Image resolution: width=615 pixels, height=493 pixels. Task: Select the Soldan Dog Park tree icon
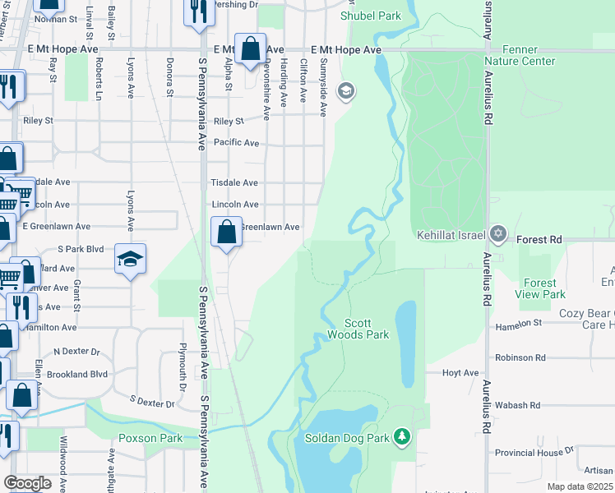pos(401,435)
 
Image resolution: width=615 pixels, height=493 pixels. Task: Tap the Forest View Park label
pos(540,288)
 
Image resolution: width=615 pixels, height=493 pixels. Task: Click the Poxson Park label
pos(150,438)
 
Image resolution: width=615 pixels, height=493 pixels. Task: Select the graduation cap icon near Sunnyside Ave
pos(346,90)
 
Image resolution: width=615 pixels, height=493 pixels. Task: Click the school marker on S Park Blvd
pos(130,260)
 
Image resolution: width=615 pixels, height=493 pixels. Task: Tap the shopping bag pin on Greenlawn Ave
pos(227,233)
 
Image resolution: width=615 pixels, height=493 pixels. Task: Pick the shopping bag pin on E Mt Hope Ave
pos(250,48)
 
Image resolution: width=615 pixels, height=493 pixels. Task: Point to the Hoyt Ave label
pos(460,373)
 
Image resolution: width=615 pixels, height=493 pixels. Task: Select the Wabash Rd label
pos(518,405)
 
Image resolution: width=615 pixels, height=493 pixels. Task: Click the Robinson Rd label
pos(520,358)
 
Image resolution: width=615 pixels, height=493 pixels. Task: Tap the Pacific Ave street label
pos(236,143)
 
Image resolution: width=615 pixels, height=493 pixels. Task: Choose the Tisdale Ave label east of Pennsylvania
pos(235,182)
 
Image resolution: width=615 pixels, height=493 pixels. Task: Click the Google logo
pos(28,482)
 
